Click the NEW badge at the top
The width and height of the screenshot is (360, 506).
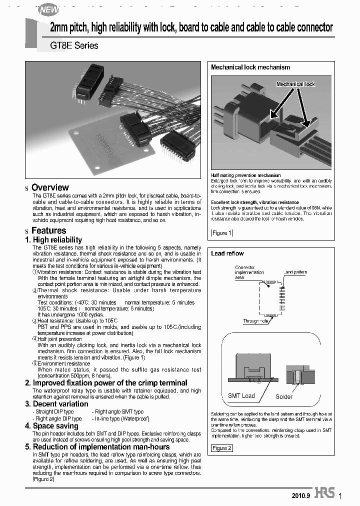click(x=49, y=9)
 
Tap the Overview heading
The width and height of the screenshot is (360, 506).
click(x=50, y=187)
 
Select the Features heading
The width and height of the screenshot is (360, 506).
click(x=48, y=230)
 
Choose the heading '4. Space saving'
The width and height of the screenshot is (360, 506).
click(x=52, y=426)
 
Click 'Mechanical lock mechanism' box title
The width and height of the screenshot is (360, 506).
click(x=250, y=67)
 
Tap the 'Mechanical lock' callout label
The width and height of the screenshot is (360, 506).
click(x=296, y=84)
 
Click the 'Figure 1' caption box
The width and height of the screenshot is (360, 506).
click(x=222, y=233)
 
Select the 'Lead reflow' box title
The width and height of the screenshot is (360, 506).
click(x=227, y=253)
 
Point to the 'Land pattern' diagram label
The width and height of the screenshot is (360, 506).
click(x=295, y=272)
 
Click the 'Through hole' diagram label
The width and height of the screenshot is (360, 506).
click(x=256, y=321)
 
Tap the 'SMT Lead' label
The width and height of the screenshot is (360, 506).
click(x=241, y=395)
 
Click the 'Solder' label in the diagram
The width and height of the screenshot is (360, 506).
click(x=284, y=397)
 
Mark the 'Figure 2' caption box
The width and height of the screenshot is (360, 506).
click(x=222, y=448)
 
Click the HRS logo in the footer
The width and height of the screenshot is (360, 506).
click(x=324, y=493)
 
